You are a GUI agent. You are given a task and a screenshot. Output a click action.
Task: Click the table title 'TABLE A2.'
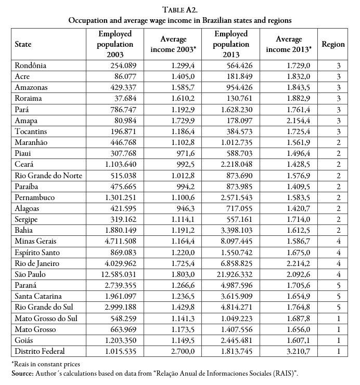(179, 9)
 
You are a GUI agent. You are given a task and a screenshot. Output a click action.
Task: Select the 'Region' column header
(333, 44)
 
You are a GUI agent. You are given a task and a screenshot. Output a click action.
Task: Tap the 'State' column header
(24, 44)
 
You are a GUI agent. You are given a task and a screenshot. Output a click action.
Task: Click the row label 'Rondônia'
(31, 66)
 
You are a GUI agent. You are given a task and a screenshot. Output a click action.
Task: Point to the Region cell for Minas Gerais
(339, 242)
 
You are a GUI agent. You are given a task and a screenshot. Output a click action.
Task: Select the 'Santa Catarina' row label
(39, 307)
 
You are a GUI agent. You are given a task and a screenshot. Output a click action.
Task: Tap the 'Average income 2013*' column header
(289, 44)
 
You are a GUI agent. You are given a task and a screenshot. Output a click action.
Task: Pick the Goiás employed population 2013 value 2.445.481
(239, 340)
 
